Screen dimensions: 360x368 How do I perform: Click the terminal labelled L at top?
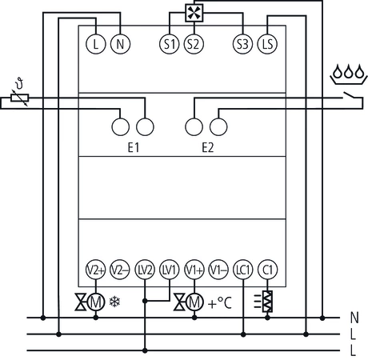[96, 44]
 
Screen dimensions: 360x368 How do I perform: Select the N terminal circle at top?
[120, 44]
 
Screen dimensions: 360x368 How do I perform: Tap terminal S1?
[169, 44]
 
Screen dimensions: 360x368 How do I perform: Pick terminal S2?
[193, 44]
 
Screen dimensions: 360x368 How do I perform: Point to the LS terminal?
[268, 44]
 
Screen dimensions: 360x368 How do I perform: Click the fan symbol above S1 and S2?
[194, 13]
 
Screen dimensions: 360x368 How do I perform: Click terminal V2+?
[96, 269]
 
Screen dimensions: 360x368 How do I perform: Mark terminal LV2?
[145, 269]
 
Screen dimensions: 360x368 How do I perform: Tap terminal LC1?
[243, 269]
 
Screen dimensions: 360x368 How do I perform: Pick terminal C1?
[268, 269]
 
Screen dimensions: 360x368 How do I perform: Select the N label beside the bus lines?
[354, 318]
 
